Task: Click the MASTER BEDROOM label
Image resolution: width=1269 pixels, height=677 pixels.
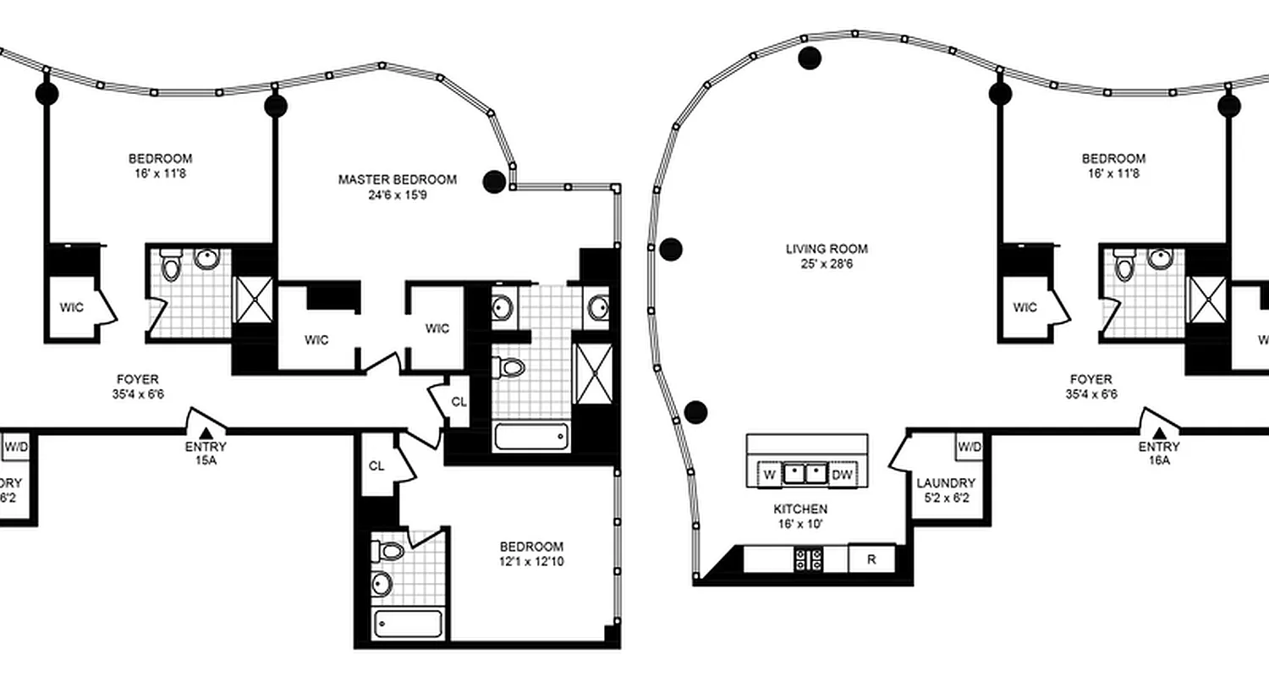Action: click(x=397, y=179)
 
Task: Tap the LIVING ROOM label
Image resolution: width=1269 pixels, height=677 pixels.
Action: click(x=827, y=249)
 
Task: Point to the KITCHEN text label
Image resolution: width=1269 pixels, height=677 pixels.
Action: click(x=799, y=509)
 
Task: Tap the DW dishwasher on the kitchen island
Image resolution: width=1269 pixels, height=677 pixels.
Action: click(x=842, y=475)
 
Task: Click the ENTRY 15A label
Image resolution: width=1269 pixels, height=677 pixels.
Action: click(x=206, y=453)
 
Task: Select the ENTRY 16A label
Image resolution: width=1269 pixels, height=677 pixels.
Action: click(x=1159, y=453)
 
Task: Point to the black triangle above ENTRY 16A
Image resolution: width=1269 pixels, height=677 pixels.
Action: click(x=1159, y=432)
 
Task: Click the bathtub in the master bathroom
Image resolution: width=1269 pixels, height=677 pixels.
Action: click(x=531, y=438)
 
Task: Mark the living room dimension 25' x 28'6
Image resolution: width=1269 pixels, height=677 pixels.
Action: click(x=827, y=264)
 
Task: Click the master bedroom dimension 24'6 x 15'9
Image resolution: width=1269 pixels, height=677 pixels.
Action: click(x=397, y=195)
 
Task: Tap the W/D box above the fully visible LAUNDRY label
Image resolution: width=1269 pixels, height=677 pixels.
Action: click(x=970, y=447)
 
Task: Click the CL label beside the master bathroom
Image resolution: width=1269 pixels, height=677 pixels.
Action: click(x=459, y=402)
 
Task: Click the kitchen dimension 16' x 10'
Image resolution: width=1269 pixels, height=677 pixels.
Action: click(x=799, y=524)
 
